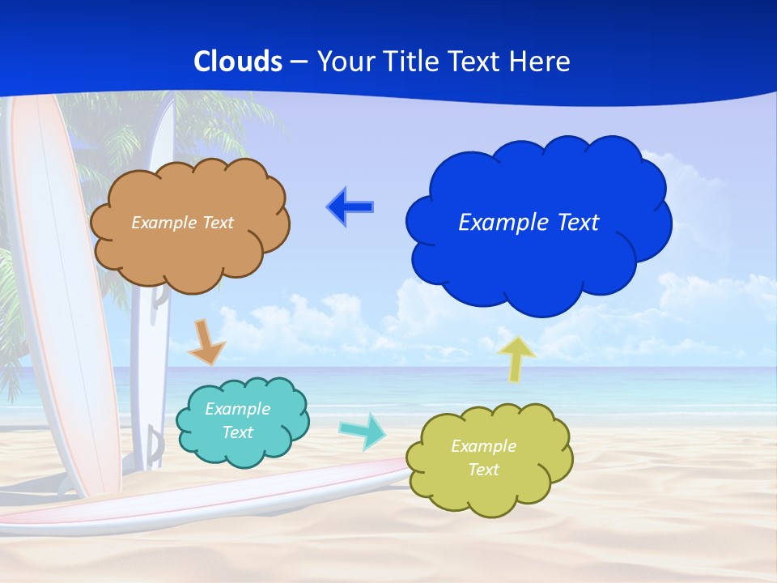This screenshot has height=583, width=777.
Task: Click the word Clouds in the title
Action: pyautogui.click(x=238, y=62)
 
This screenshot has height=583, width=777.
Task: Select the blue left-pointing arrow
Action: pyautogui.click(x=350, y=207)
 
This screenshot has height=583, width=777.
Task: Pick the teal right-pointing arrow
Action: pyautogui.click(x=363, y=431)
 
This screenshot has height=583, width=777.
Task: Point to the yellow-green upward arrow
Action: pyautogui.click(x=516, y=358)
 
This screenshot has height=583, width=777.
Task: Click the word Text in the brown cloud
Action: pyautogui.click(x=219, y=223)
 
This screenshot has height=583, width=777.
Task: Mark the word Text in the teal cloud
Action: pyautogui.click(x=237, y=432)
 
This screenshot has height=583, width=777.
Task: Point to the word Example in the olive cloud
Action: pyautogui.click(x=483, y=446)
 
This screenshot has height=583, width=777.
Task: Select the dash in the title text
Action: pyautogui.click(x=299, y=62)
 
